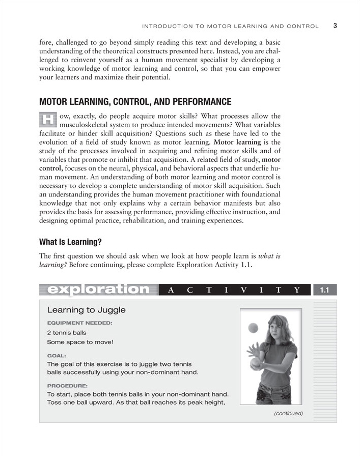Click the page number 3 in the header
tap(336, 25)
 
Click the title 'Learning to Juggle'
tap(86, 310)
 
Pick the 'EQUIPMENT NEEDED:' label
tap(79, 323)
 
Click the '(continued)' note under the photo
tap(288, 413)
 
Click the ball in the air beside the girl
tap(253, 329)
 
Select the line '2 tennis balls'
tap(67, 333)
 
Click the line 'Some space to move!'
tap(80, 342)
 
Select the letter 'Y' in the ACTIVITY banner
tap(296, 290)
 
